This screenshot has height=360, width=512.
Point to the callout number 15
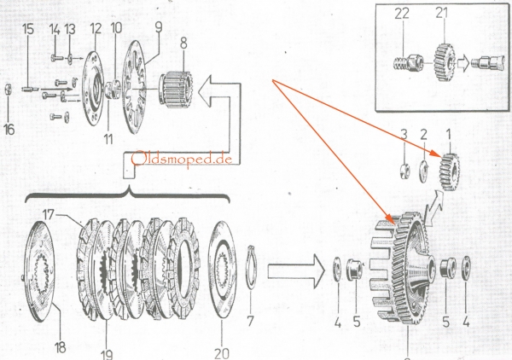coord(28,28)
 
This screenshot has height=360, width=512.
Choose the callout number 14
coord(55,28)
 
